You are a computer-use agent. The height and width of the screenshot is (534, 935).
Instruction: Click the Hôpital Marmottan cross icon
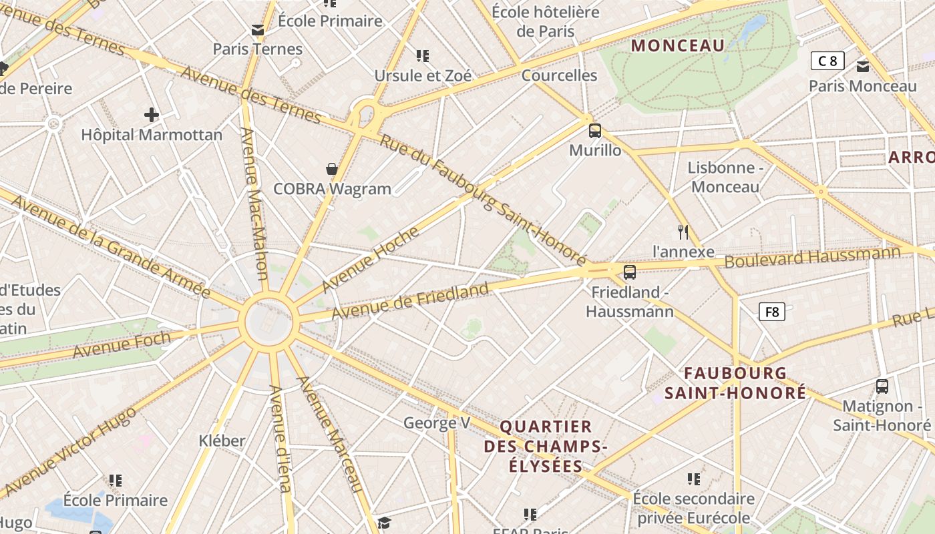[152, 115]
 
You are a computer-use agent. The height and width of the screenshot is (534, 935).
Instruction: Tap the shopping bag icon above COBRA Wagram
[331, 169]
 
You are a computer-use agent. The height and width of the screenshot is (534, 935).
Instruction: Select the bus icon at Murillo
[594, 131]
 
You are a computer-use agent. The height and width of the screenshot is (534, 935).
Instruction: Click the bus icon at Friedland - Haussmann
[629, 272]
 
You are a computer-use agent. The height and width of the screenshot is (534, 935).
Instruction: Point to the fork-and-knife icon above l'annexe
[683, 232]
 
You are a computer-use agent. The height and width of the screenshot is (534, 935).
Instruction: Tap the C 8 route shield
[827, 61]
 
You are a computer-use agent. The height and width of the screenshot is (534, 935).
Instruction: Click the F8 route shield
[771, 312]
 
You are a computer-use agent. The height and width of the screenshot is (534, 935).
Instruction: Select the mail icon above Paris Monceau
[863, 66]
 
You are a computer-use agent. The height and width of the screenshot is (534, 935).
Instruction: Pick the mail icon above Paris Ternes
[258, 29]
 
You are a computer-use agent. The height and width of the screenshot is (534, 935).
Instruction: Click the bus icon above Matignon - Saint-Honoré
[882, 386]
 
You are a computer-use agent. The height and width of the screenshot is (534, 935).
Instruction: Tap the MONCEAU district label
[678, 45]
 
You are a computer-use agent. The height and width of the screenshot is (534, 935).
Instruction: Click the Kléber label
[222, 441]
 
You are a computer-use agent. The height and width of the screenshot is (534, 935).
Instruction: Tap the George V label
[437, 423]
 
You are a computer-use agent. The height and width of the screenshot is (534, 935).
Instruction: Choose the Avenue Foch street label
[122, 344]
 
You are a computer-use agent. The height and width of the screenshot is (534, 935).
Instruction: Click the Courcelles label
[560, 75]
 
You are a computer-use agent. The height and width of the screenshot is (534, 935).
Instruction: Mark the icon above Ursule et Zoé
[422, 55]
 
